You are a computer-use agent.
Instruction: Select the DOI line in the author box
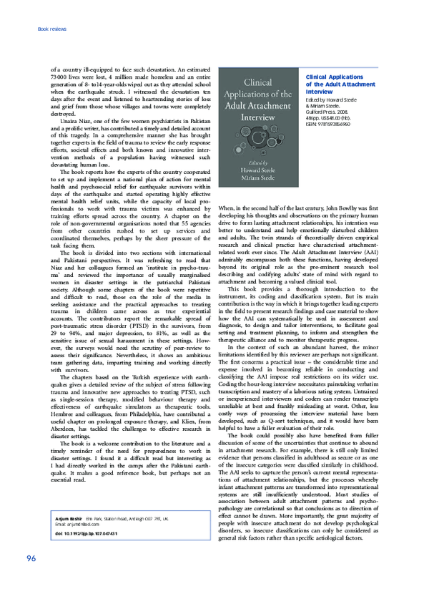coord(85,554)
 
